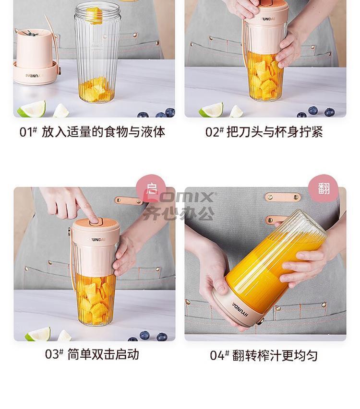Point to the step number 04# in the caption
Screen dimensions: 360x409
pos(219,355)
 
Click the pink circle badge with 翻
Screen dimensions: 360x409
pos(324,188)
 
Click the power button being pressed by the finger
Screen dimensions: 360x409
pos(95,222)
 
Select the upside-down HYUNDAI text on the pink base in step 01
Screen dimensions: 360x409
pos(34,76)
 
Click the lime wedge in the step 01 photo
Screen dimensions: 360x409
pos(32,109)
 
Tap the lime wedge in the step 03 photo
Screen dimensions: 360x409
pos(38,334)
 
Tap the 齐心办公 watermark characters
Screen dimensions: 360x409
pos(179,213)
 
